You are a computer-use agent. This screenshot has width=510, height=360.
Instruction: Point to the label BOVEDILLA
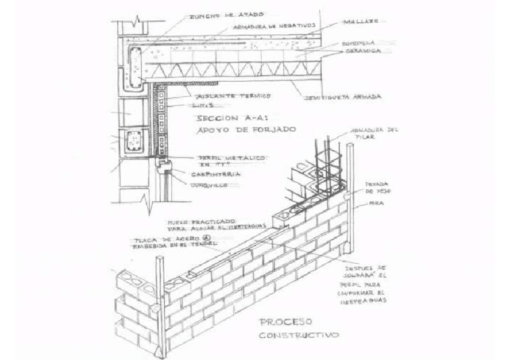358,43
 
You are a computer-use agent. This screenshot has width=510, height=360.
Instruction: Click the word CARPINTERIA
216,174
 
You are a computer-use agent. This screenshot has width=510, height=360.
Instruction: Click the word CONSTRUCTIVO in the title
298,335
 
